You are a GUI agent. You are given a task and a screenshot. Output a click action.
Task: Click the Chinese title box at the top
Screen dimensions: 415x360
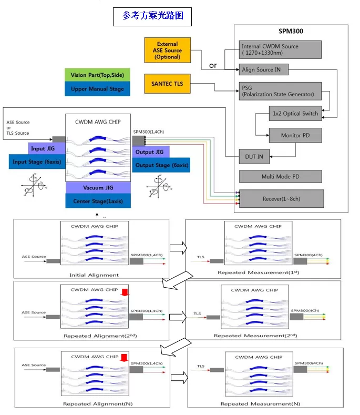tap(152, 16)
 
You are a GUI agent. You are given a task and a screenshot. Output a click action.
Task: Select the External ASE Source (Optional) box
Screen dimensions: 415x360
tap(167, 50)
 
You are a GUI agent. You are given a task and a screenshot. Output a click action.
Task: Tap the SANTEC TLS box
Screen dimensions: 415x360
tap(167, 84)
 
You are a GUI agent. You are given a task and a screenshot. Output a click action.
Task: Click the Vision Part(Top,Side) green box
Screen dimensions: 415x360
tap(97, 75)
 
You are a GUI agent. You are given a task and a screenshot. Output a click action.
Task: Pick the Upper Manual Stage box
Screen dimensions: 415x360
tap(97, 89)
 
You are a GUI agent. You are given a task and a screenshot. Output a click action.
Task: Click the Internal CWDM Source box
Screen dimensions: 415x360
tap(280, 49)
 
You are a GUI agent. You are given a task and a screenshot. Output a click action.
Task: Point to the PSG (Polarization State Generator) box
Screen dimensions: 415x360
tap(279, 91)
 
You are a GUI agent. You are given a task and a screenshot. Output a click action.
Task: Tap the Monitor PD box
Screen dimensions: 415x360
tap(294, 135)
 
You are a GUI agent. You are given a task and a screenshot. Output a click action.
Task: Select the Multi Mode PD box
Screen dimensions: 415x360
tap(280, 176)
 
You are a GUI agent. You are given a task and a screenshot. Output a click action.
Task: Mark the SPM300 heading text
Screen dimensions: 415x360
tap(290, 32)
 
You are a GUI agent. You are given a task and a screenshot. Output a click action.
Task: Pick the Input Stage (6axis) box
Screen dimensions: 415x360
tap(36, 162)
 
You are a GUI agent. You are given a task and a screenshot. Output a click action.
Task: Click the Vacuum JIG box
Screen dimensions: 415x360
tap(97, 188)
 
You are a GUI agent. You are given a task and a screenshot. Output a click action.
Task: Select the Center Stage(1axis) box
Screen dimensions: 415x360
tap(97, 201)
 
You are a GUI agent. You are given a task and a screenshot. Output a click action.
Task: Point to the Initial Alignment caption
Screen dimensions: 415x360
tap(94, 275)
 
